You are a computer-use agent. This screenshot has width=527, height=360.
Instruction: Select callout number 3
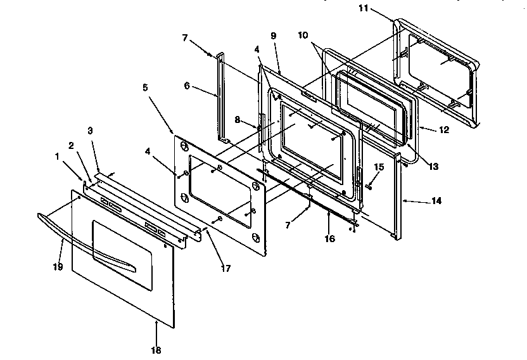pyautogui.click(x=91, y=131)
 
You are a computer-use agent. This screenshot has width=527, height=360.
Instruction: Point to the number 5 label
pyautogui.click(x=145, y=87)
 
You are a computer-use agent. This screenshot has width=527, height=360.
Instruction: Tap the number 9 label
pyautogui.click(x=273, y=36)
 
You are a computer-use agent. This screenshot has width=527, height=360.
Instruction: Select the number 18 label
pyautogui.click(x=156, y=349)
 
